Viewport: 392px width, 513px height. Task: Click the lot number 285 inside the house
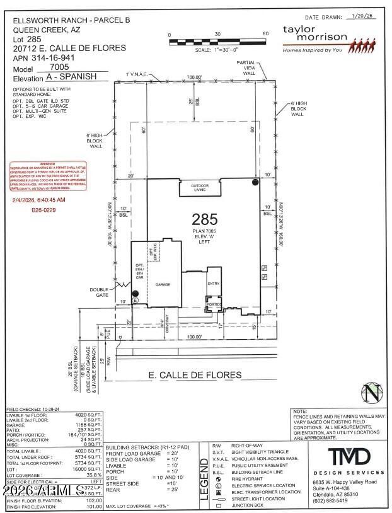pyautogui.click(x=205, y=219)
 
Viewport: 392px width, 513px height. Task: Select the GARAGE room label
pyautogui.click(x=163, y=285)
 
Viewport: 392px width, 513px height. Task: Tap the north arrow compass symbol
pyautogui.click(x=373, y=393)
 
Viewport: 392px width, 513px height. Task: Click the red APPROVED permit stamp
pyautogui.click(x=48, y=177)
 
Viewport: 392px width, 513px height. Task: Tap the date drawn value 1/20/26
pyautogui.click(x=361, y=18)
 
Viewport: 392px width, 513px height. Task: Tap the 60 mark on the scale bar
pyautogui.click(x=266, y=34)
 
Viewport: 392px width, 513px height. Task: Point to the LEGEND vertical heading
pyautogui.click(x=204, y=478)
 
